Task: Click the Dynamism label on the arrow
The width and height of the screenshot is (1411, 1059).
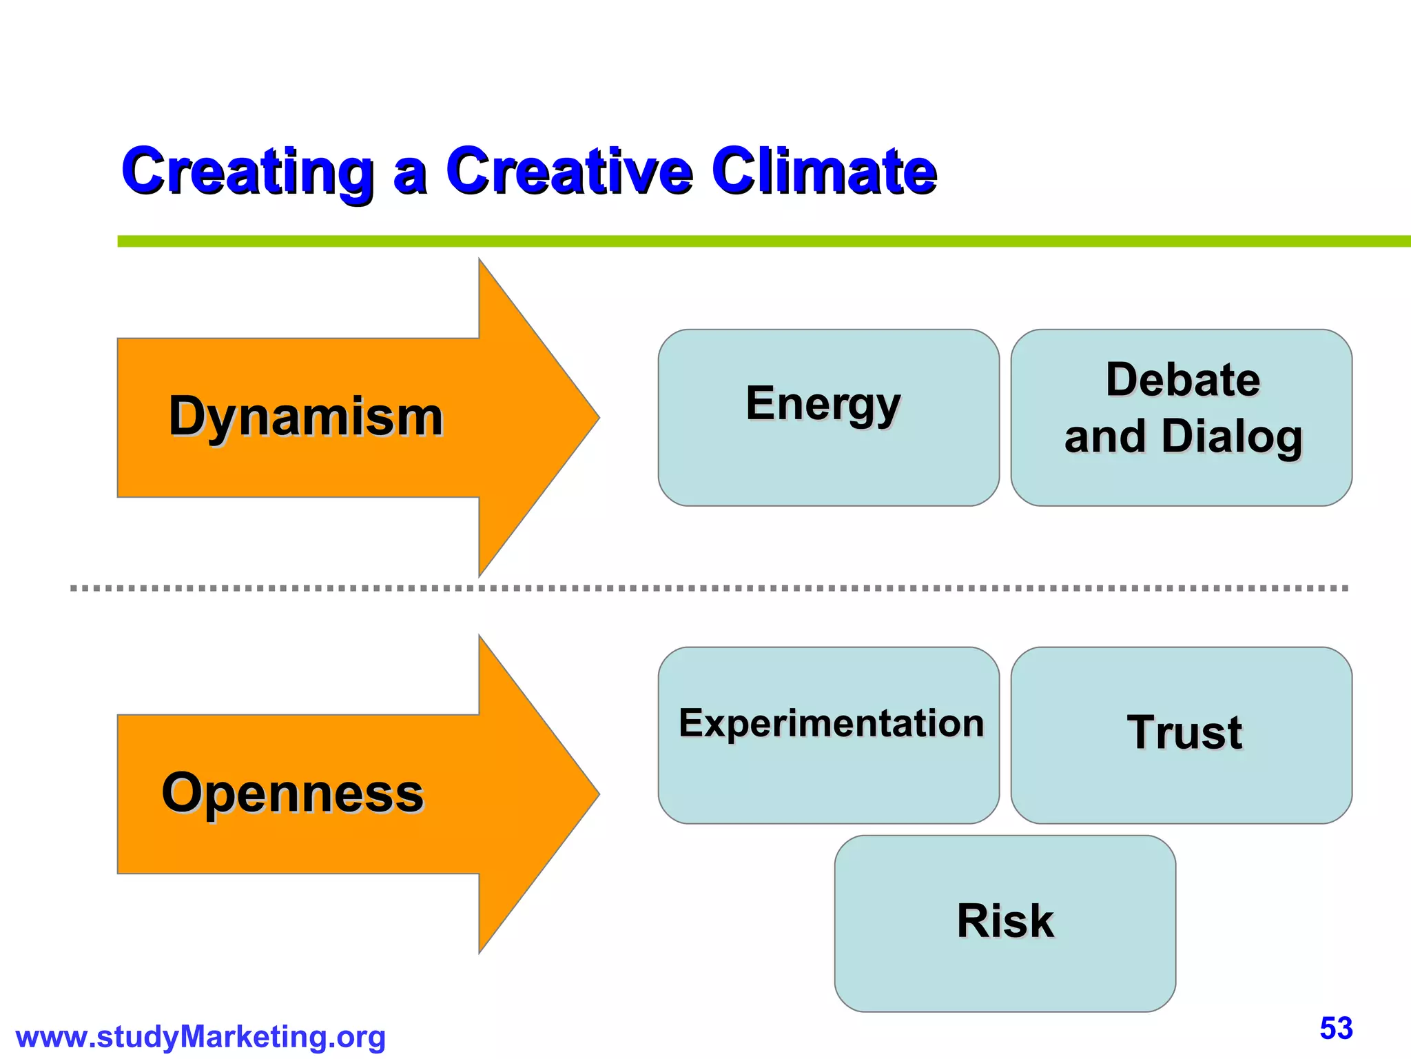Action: (306, 417)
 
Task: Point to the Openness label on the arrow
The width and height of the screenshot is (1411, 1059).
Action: (293, 793)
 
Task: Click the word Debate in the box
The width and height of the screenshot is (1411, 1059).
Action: (1183, 380)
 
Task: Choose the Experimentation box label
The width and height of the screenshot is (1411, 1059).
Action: (831, 723)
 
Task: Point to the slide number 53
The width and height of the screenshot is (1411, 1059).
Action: (1336, 1029)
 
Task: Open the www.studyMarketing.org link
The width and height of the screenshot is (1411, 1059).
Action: (200, 1037)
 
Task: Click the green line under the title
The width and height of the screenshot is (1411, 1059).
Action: (758, 241)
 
